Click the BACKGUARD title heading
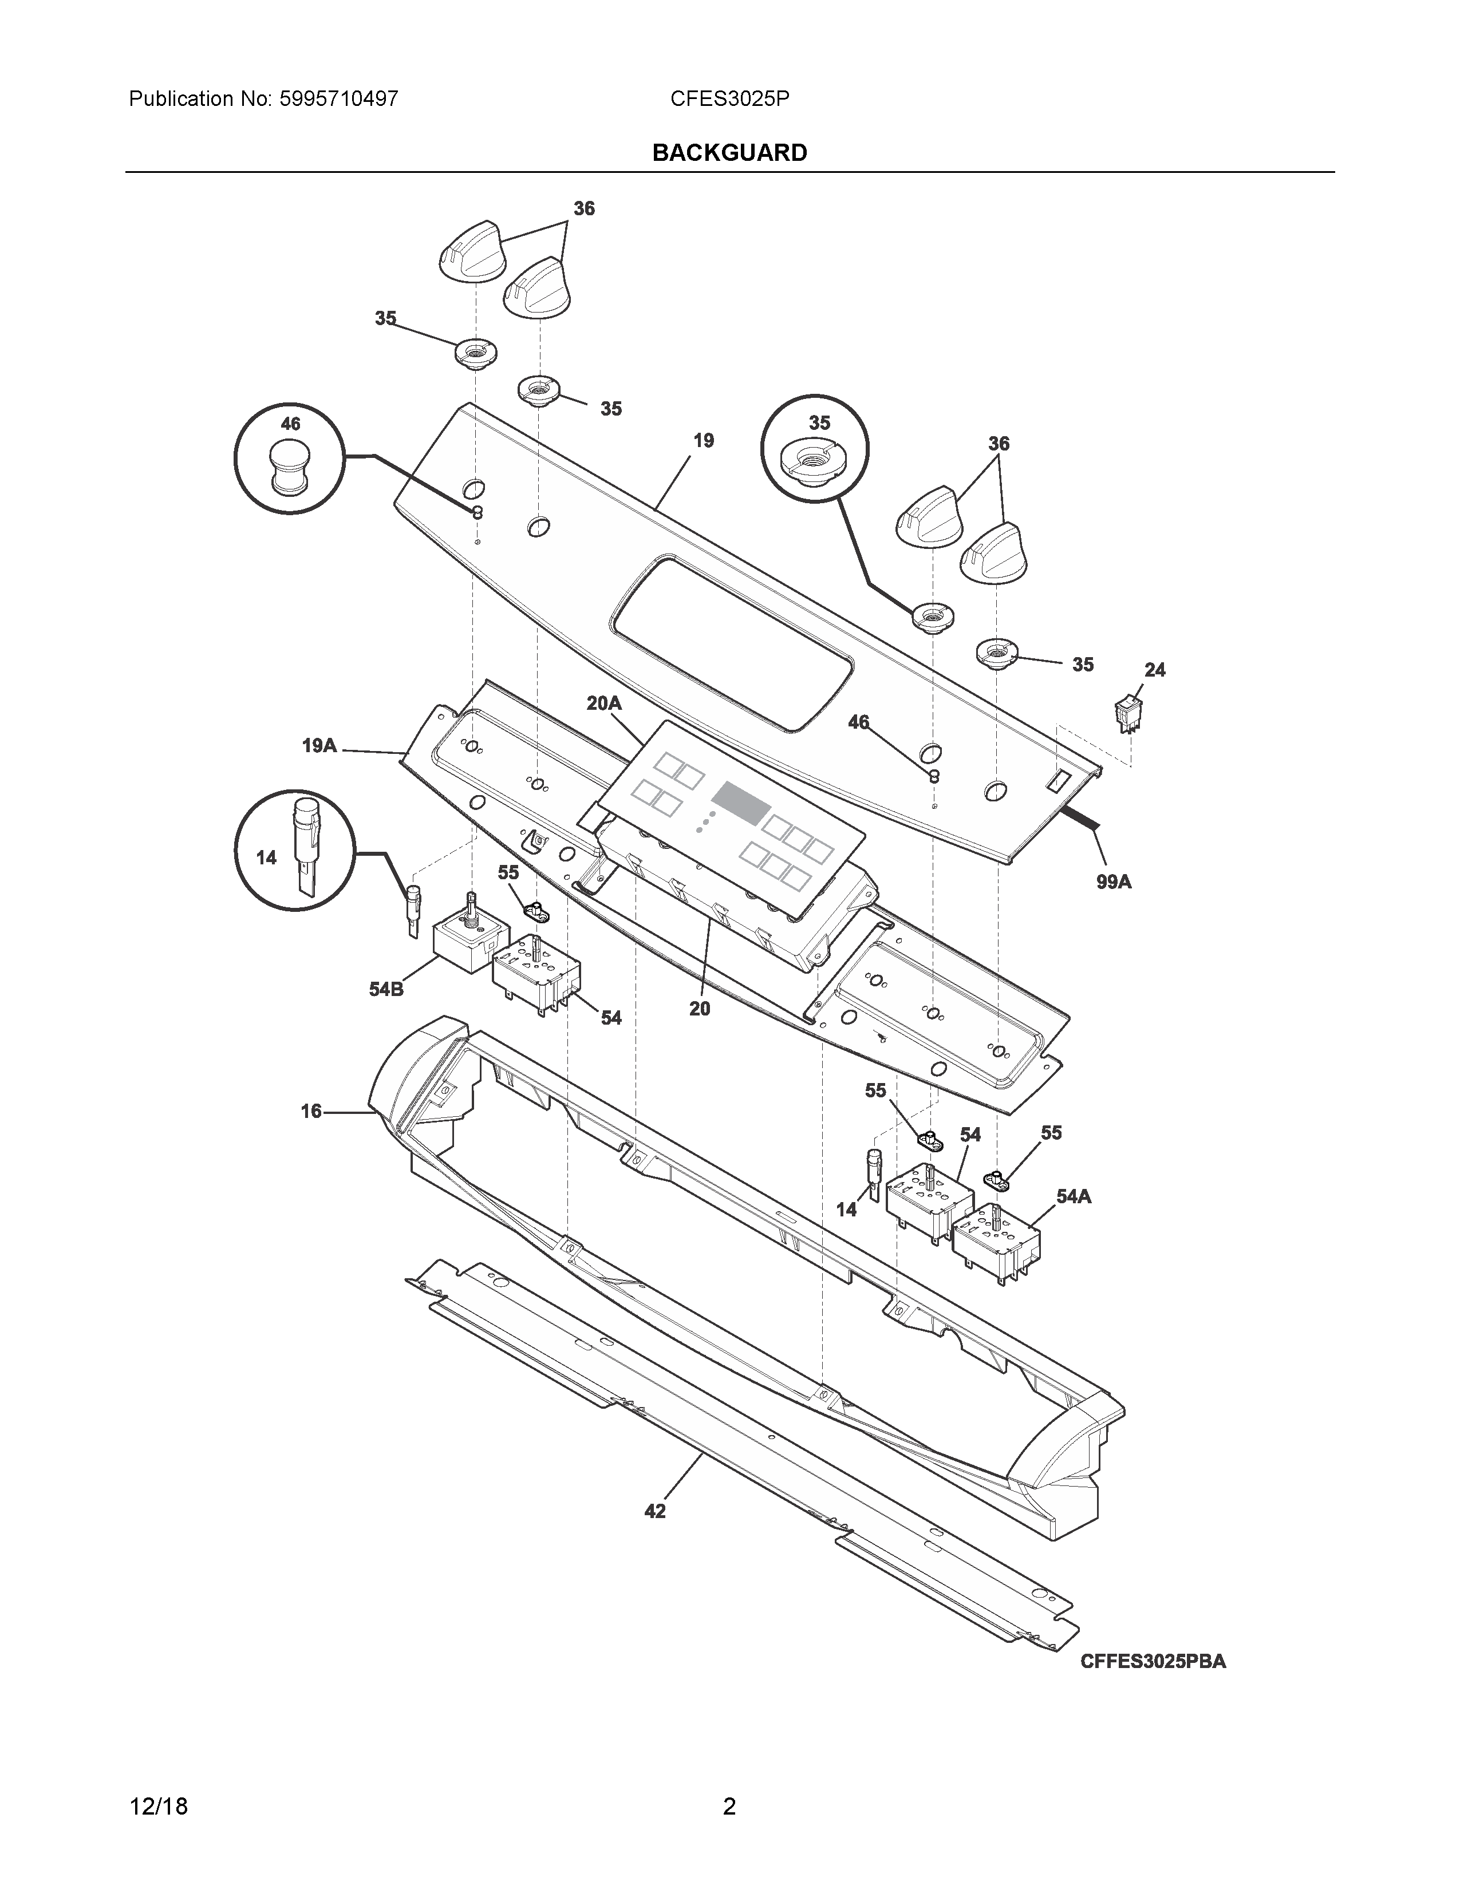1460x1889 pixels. tap(729, 153)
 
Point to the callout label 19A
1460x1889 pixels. tap(319, 745)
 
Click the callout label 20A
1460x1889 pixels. tap(603, 703)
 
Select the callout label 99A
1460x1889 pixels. tap(1113, 882)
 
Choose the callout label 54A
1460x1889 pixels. tap(1074, 1196)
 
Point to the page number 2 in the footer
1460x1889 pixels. tap(729, 1807)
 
